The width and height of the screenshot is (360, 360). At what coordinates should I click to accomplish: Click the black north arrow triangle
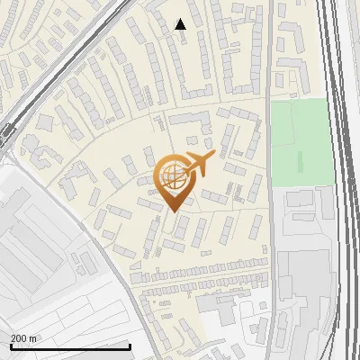[180, 24]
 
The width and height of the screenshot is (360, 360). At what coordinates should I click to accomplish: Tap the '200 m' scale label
[24, 337]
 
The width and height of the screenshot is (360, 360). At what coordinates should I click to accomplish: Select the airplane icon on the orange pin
[199, 164]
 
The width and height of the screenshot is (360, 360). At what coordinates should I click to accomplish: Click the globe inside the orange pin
[172, 175]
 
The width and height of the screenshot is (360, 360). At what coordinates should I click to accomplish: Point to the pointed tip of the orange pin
[172, 211]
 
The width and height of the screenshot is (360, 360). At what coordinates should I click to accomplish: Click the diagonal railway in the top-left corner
[63, 63]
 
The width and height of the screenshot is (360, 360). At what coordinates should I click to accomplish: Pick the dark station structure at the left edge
[7, 135]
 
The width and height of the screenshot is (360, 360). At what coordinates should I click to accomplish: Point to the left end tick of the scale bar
[10, 346]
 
